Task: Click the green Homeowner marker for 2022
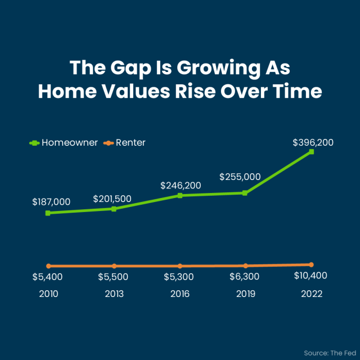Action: pyautogui.click(x=311, y=151)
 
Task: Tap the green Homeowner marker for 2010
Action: pyautogui.click(x=48, y=213)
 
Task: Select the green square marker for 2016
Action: pyautogui.click(x=180, y=195)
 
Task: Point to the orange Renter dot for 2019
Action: pyautogui.click(x=246, y=265)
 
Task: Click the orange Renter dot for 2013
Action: pyautogui.click(x=114, y=266)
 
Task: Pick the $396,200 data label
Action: pyautogui.click(x=313, y=142)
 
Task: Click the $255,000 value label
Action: pyautogui.click(x=240, y=177)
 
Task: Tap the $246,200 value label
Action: pyautogui.click(x=181, y=186)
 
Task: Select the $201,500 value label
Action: pyautogui.click(x=112, y=199)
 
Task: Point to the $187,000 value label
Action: pyautogui.click(x=51, y=202)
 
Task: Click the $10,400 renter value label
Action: pyautogui.click(x=310, y=276)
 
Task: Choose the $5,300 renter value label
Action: pyautogui.click(x=179, y=277)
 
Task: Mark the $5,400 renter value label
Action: pyautogui.click(x=47, y=277)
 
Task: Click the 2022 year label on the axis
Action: pyautogui.click(x=312, y=294)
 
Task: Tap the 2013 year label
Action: pyautogui.click(x=114, y=294)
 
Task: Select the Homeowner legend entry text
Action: pyautogui.click(x=70, y=142)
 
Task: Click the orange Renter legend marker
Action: pyautogui.click(x=109, y=143)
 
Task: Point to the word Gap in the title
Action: pyautogui.click(x=130, y=69)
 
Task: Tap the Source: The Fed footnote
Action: pyautogui.click(x=330, y=353)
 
